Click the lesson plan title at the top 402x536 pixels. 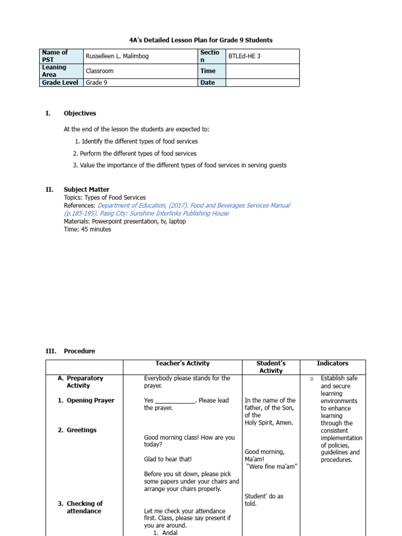point(201,40)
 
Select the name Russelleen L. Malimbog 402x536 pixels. point(117,57)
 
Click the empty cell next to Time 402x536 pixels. point(262,71)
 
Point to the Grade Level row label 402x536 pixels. point(60,83)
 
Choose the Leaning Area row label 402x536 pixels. point(54,71)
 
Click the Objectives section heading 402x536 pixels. point(80,113)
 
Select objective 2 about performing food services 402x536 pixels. point(135,153)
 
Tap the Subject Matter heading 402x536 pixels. point(86,189)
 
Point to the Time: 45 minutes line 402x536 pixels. point(87,229)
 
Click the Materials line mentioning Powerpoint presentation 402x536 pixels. point(125,221)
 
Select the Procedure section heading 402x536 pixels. point(79,351)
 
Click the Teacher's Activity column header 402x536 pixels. point(182,363)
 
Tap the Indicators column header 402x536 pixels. point(332,363)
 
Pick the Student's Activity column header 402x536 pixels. point(271,367)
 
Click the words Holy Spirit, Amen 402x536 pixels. point(269,423)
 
